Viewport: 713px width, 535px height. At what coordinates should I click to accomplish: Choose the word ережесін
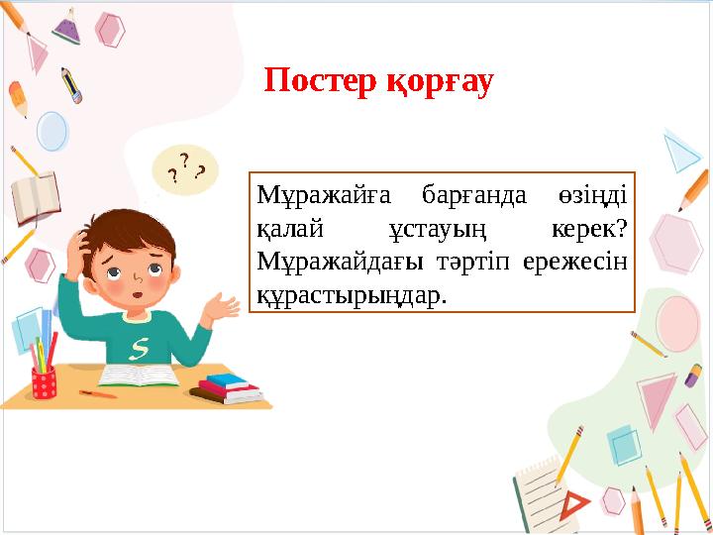click(x=583, y=263)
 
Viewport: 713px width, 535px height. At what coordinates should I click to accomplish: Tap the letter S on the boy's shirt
click(x=141, y=348)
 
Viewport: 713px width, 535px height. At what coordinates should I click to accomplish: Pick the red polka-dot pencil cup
click(x=44, y=382)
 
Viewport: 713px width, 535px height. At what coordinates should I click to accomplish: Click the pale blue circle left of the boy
click(x=51, y=130)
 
